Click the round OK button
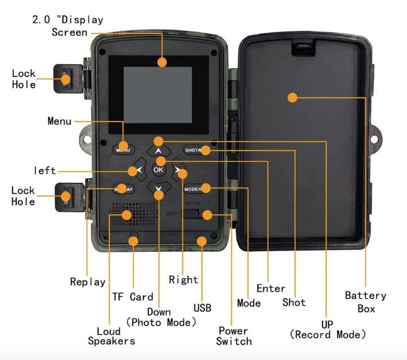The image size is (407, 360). coord(159,169)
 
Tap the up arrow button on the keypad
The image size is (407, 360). coord(159,151)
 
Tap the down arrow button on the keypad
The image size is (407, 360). coord(159,188)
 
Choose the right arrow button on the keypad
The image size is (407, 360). coord(179,170)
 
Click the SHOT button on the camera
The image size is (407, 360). coord(193,150)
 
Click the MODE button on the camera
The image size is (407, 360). coord(194,189)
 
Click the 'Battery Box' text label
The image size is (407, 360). coord(365,301)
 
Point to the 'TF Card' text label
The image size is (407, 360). coord(133,296)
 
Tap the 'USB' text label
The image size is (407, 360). coord(202,308)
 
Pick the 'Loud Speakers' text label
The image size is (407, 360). coord(116,335)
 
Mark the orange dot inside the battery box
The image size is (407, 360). coord(292,97)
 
